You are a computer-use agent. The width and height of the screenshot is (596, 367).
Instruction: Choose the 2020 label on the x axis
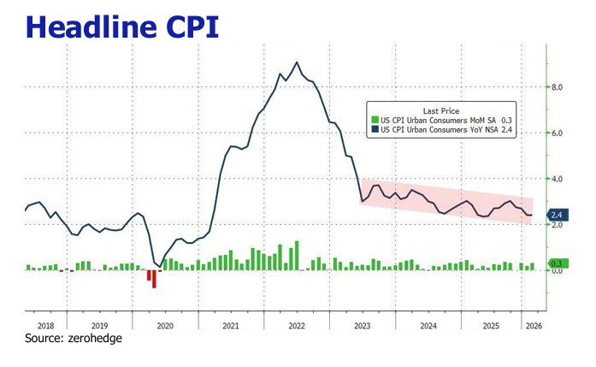click(x=165, y=326)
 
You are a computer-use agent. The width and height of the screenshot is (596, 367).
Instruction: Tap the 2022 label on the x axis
click(x=297, y=326)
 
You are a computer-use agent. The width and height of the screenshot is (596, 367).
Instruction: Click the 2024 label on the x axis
click(x=428, y=326)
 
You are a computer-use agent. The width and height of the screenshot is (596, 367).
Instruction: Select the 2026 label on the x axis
click(x=533, y=326)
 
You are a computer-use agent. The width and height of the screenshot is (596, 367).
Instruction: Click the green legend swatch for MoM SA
click(x=374, y=121)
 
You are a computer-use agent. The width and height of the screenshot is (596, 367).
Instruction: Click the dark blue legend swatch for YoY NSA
click(x=374, y=130)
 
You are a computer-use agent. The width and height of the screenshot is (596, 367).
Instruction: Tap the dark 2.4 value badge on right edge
click(x=557, y=215)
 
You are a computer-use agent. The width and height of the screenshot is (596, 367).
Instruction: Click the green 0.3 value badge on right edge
click(x=557, y=263)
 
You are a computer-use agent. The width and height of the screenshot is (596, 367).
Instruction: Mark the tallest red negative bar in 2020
click(x=154, y=279)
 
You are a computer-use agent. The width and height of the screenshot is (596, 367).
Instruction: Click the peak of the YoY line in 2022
click(x=296, y=62)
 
